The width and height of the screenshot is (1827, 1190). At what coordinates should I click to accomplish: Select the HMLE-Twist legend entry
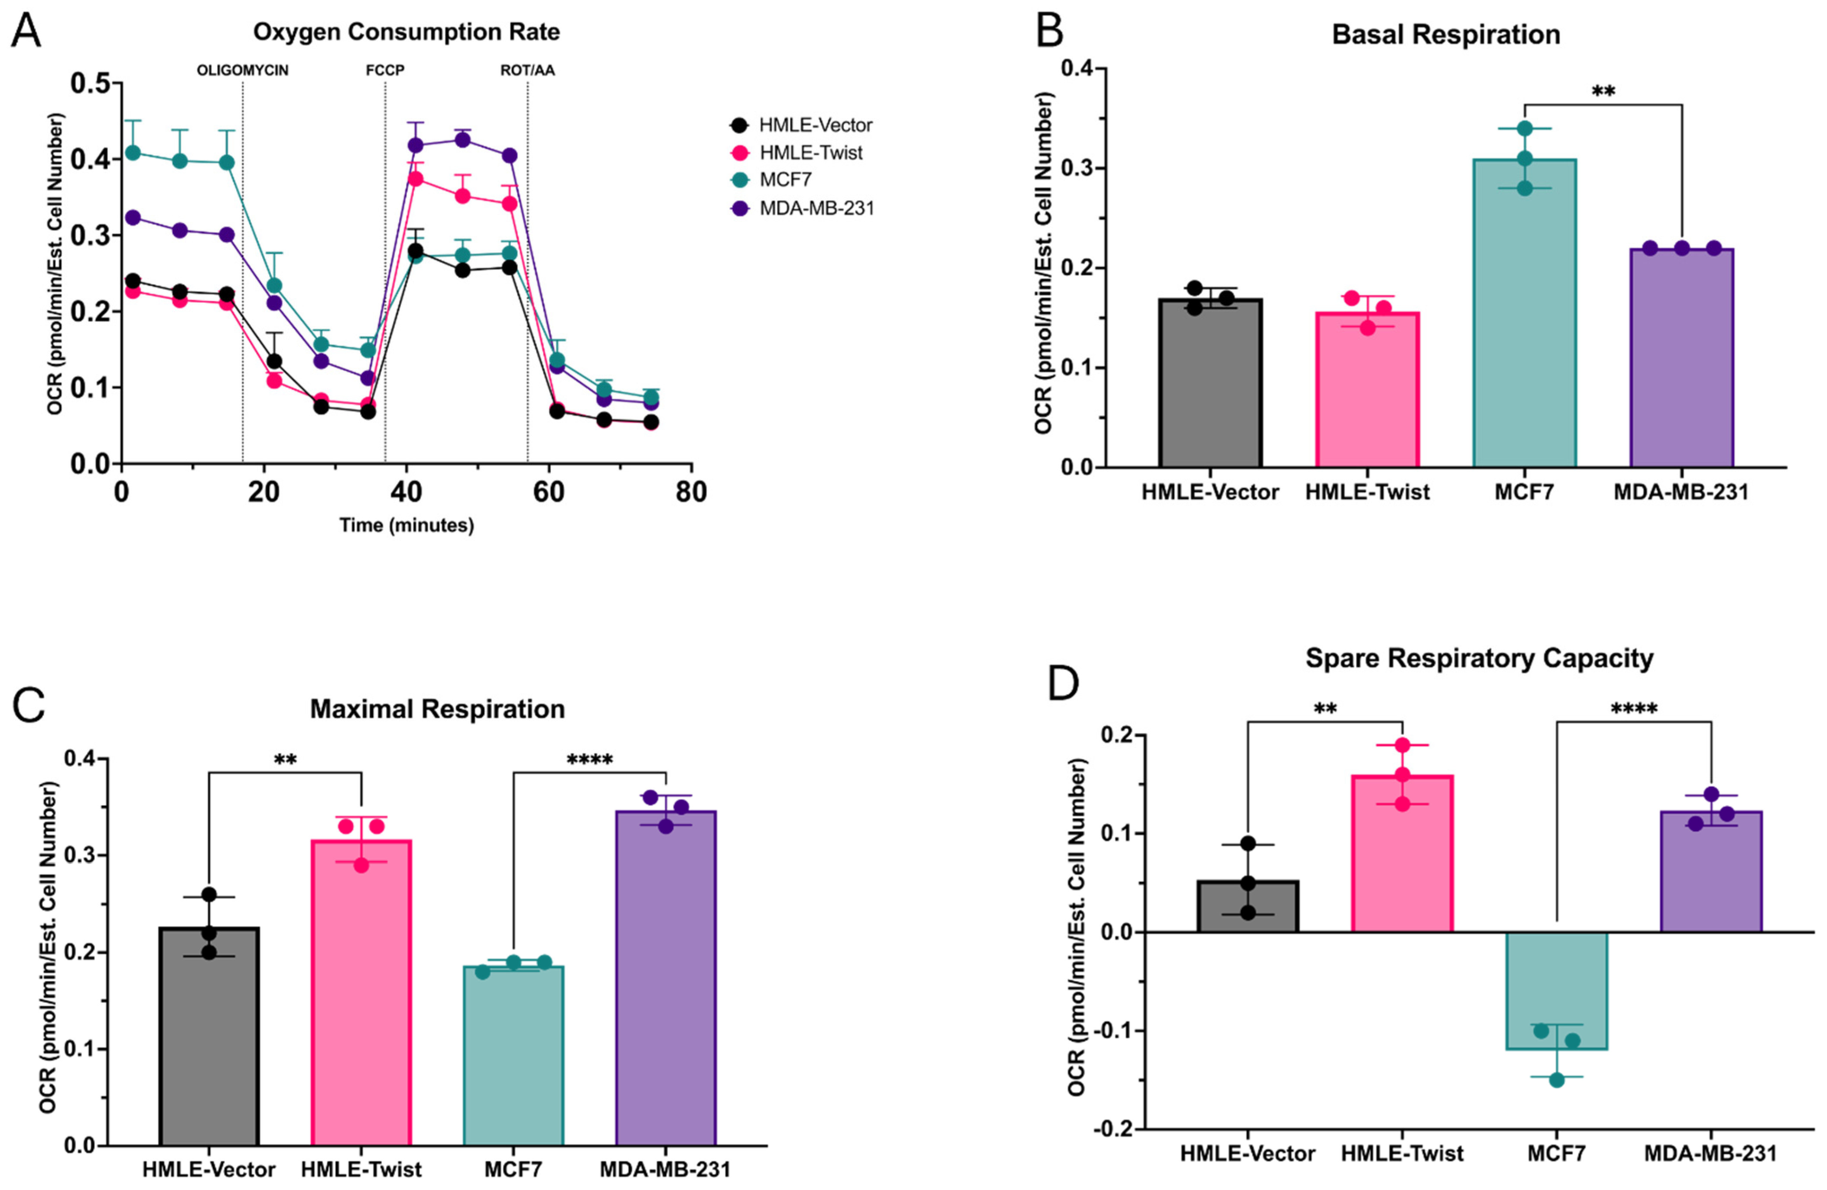coord(810,153)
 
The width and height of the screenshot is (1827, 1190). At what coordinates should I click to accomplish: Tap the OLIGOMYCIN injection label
coord(243,71)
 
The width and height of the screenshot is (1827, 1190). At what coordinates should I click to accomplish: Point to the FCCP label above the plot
coord(384,71)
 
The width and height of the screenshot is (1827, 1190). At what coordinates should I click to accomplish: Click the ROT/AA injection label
coord(527,71)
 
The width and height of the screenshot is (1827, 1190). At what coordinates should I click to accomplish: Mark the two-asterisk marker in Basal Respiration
coord(1603,92)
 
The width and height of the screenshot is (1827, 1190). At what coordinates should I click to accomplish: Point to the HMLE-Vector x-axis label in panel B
coord(1210,492)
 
